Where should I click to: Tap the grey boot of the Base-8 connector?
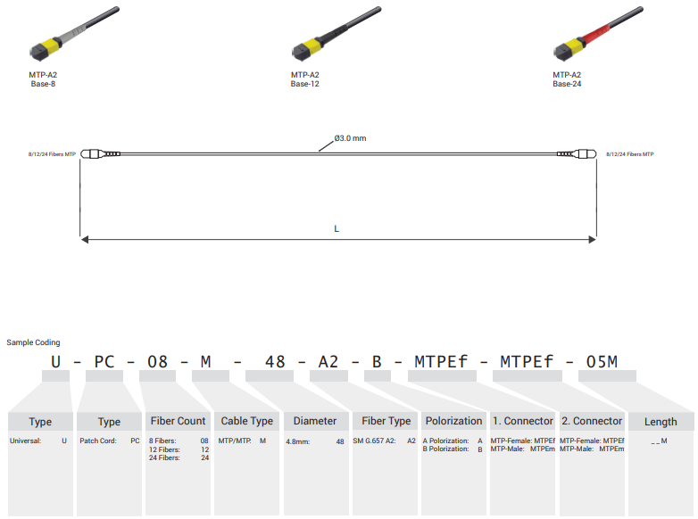click(x=73, y=34)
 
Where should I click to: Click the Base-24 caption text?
click(x=567, y=84)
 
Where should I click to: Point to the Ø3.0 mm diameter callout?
click(x=350, y=138)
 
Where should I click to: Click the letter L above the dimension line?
click(x=337, y=228)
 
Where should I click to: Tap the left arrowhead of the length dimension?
click(x=85, y=240)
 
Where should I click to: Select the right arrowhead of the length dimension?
click(x=592, y=240)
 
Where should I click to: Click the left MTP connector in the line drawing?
click(x=100, y=154)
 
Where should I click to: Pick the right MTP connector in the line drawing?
click(x=577, y=154)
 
